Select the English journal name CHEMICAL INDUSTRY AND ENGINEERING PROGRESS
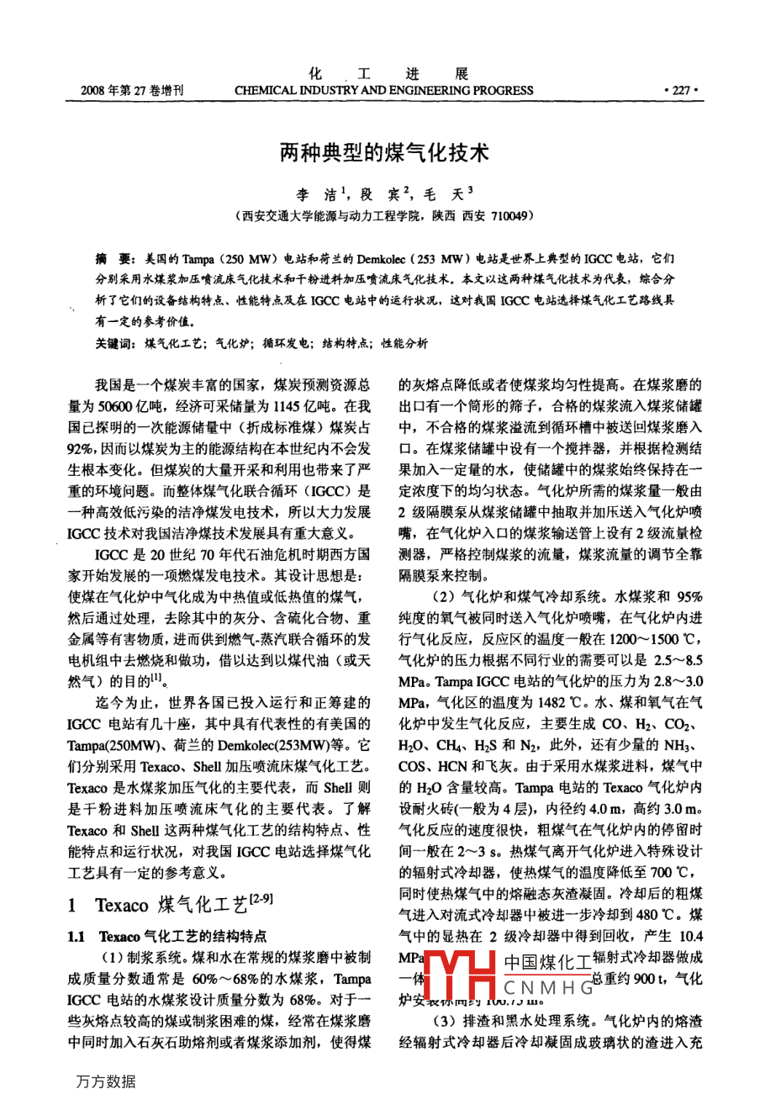[x=383, y=91]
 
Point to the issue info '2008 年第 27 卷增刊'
[x=133, y=91]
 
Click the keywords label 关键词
[x=114, y=343]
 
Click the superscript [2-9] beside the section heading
[x=262, y=900]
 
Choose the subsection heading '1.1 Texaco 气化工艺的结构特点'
[x=168, y=936]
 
